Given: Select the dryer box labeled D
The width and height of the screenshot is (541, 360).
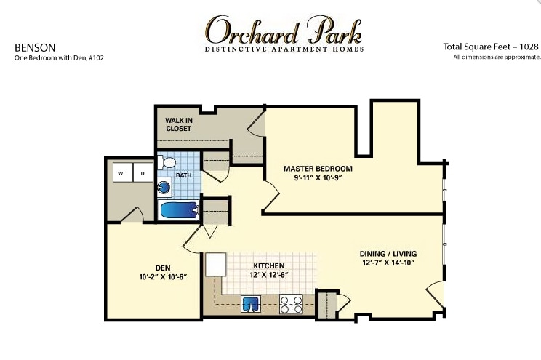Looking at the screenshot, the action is coord(143,172).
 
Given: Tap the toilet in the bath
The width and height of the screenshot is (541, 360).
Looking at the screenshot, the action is coord(167,162).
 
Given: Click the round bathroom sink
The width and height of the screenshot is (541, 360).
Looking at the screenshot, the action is coord(164,188).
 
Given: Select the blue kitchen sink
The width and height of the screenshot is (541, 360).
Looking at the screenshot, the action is coord(251,305).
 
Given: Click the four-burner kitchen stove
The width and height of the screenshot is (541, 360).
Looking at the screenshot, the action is coord(291,304).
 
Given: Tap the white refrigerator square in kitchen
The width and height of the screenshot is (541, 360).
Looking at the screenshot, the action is coord(216,265).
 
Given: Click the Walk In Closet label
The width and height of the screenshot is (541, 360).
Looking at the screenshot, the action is coord(178,124).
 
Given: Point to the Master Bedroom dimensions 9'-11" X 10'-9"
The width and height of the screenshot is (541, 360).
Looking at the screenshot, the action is coord(318,178).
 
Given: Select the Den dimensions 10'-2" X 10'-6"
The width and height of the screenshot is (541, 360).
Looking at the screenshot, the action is coord(163,277).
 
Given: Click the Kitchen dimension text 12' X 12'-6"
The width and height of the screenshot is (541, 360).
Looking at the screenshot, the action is coord(269,275).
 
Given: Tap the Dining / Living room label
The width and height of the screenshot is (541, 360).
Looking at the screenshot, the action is coord(388,254).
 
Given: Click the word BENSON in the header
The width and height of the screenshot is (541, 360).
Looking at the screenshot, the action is coord(35,47).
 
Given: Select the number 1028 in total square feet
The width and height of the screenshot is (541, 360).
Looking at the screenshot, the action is coord(529,47).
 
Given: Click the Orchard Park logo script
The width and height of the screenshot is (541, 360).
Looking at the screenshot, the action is coord(284,31).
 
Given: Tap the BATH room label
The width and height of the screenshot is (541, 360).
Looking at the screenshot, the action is coord(183,175).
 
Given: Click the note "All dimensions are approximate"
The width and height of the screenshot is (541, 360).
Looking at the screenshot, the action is coord(497,57).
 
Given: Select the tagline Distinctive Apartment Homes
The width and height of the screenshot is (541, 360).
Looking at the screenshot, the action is coord(284,49).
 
